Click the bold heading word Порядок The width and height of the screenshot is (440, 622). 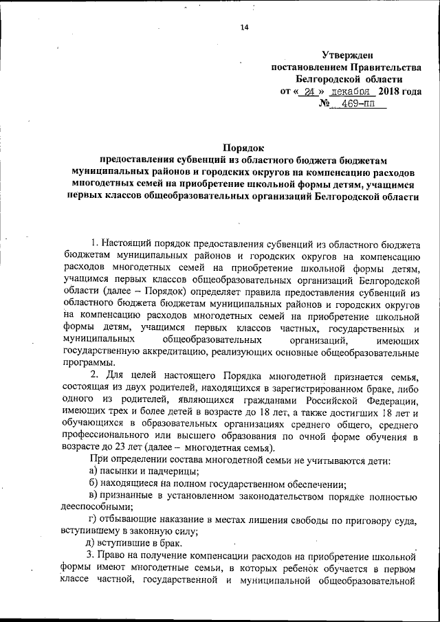click(x=243, y=146)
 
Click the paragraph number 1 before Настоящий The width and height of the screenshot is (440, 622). click(x=93, y=243)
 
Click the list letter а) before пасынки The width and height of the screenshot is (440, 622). click(x=94, y=470)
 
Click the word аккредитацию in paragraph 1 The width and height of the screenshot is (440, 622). click(x=201, y=351)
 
